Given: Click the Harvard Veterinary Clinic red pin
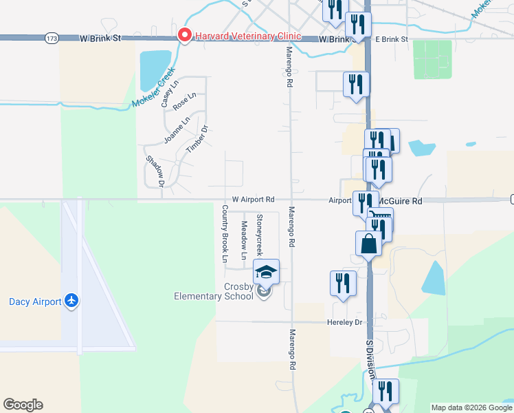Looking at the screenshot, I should [184, 35].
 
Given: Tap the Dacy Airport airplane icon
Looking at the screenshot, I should [71, 301].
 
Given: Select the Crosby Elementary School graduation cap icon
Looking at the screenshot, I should [266, 271].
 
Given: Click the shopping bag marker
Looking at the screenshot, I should [368, 244].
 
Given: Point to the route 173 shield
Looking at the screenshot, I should [51, 39].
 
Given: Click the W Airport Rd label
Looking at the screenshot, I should [253, 199].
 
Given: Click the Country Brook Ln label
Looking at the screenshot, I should [224, 233].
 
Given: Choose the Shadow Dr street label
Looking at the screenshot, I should [155, 171].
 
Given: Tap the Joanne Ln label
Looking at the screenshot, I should [177, 130].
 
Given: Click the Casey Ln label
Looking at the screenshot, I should [168, 93].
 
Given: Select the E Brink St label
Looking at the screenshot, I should [391, 39].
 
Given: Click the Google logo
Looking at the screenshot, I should [23, 405].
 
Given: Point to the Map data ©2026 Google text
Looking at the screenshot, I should [471, 407].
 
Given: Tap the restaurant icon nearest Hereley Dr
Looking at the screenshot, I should [342, 283].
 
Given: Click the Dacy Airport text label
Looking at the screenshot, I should [34, 301].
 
